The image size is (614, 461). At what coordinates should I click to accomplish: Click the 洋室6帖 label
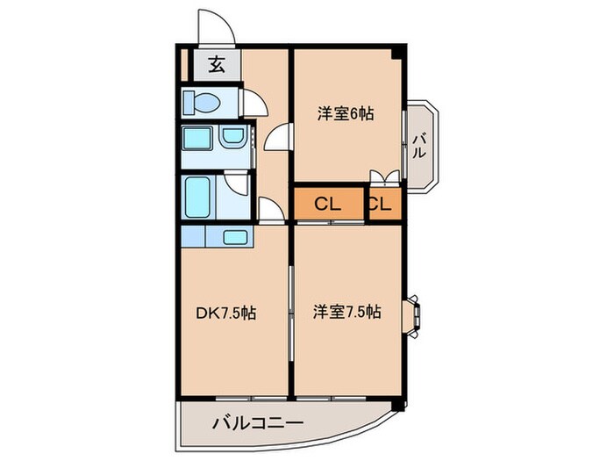[x=346, y=113]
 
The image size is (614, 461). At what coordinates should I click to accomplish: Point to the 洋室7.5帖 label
[x=347, y=311]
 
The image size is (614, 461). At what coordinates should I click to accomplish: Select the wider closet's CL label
[x=327, y=205]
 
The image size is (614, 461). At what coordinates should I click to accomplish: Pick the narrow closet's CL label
[x=381, y=205]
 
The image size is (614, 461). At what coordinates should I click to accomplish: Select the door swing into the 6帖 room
[x=278, y=138]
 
